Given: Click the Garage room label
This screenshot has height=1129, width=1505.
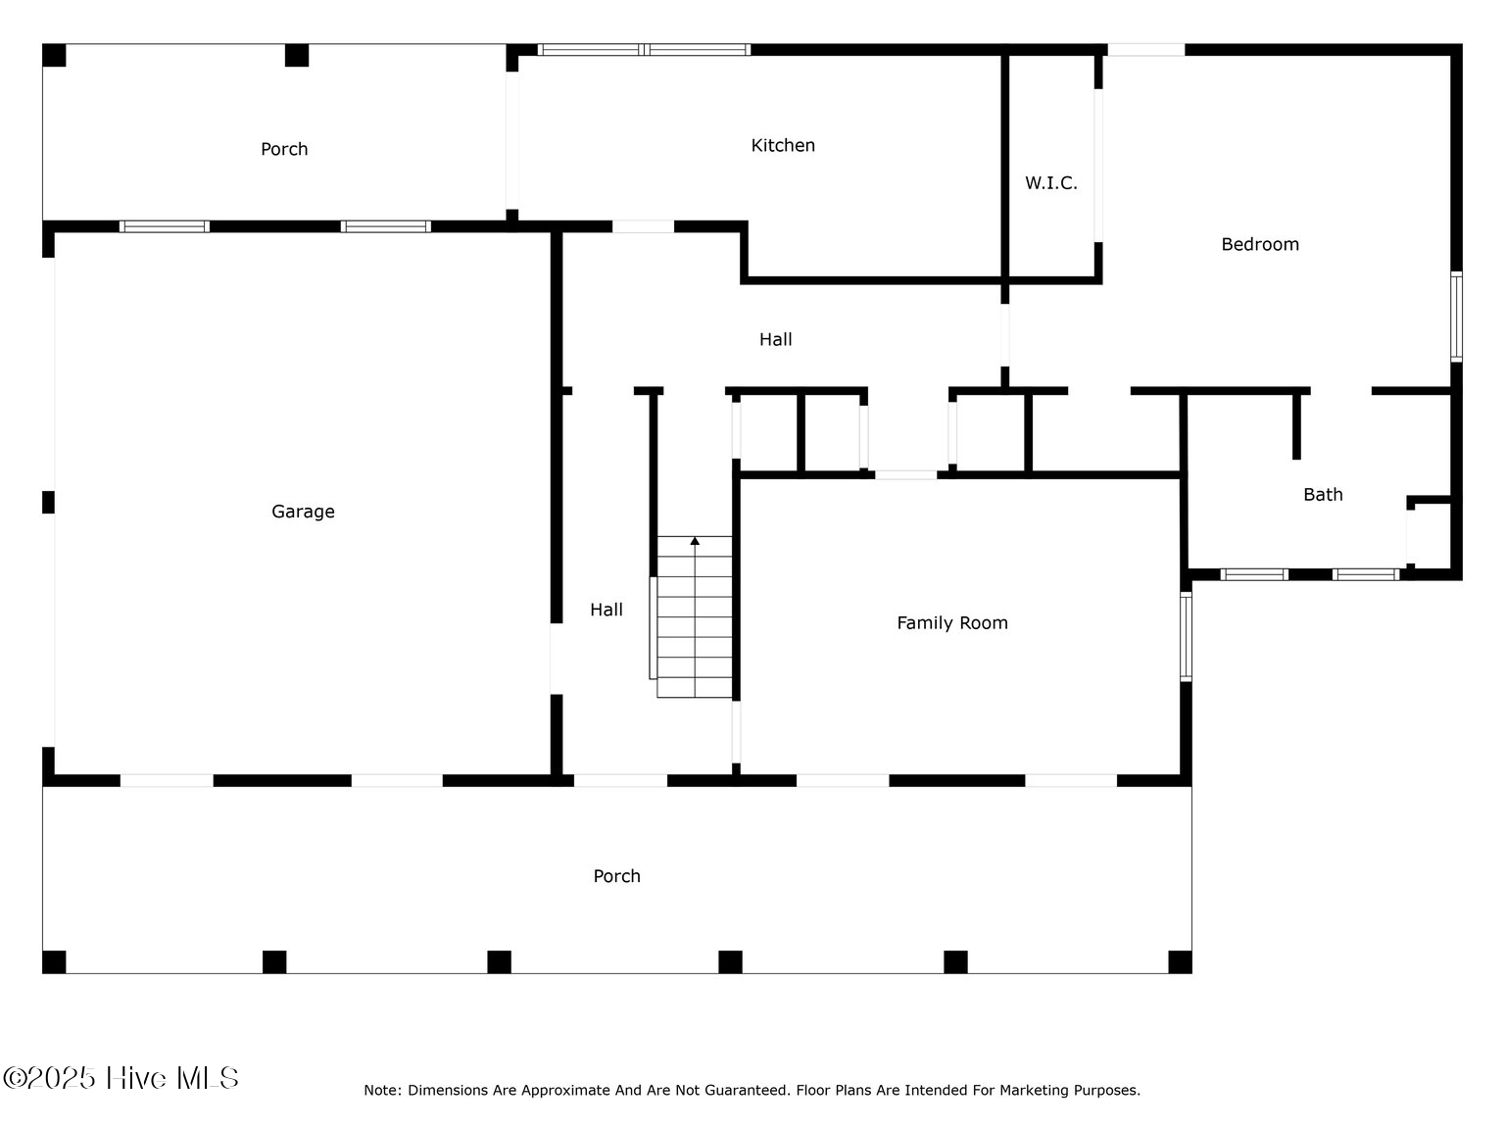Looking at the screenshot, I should [303, 512].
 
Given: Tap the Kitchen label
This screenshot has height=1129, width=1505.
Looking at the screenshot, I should [783, 145].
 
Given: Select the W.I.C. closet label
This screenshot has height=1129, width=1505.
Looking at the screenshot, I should [1050, 183].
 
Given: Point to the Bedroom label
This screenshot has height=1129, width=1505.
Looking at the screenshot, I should [1259, 244].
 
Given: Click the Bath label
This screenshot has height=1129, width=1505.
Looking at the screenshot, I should [1322, 495].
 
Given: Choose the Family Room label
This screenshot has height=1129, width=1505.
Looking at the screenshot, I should [951, 623].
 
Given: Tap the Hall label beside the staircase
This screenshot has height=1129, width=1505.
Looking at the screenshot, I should [606, 610].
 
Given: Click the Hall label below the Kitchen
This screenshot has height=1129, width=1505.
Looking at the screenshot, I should [775, 340].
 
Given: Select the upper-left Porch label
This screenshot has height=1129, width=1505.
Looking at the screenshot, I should [284, 149].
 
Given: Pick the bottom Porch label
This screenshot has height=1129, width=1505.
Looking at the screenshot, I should [616, 876].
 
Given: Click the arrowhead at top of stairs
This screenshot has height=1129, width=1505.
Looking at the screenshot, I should [695, 541].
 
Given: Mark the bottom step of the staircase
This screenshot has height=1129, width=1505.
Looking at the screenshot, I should [695, 687].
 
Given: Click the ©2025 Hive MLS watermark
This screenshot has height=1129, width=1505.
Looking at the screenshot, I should [121, 1078].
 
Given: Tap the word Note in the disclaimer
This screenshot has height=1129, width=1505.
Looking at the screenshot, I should [381, 1090].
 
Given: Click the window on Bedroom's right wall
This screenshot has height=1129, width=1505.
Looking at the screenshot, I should [1456, 317].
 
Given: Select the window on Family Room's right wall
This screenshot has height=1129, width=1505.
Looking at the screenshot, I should [1186, 636].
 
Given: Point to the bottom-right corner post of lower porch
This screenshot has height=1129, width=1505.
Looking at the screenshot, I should [1180, 961].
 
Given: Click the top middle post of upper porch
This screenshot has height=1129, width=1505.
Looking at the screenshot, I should [297, 56].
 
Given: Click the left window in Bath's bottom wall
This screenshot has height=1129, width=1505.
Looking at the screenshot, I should [1253, 574].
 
